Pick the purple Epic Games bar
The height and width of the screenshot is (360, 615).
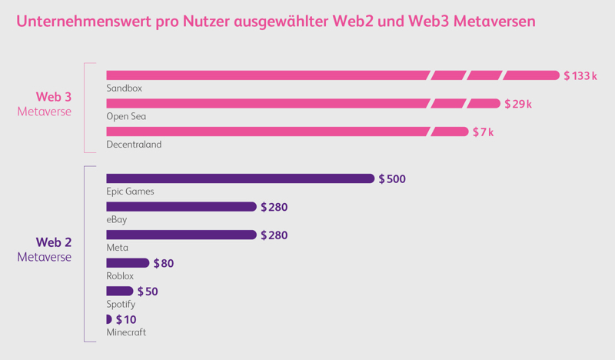tap(240, 178)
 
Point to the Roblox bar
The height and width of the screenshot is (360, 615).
tap(127, 263)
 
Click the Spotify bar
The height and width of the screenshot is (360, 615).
tap(119, 291)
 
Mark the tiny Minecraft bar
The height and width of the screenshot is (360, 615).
tap(109, 318)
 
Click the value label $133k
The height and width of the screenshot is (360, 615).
tap(580, 75)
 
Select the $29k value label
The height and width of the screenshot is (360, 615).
tap(519, 104)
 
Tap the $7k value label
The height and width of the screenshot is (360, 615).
tap(484, 132)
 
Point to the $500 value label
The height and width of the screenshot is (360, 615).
tap(392, 179)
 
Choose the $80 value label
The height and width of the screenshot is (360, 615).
tap(164, 264)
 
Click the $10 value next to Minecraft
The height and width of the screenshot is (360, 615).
tap(126, 319)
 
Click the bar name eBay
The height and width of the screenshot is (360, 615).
tap(117, 220)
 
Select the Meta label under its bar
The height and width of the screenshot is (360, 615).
tap(117, 248)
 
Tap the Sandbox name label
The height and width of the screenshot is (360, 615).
tap(124, 88)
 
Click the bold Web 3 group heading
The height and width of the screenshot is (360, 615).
tap(54, 97)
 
